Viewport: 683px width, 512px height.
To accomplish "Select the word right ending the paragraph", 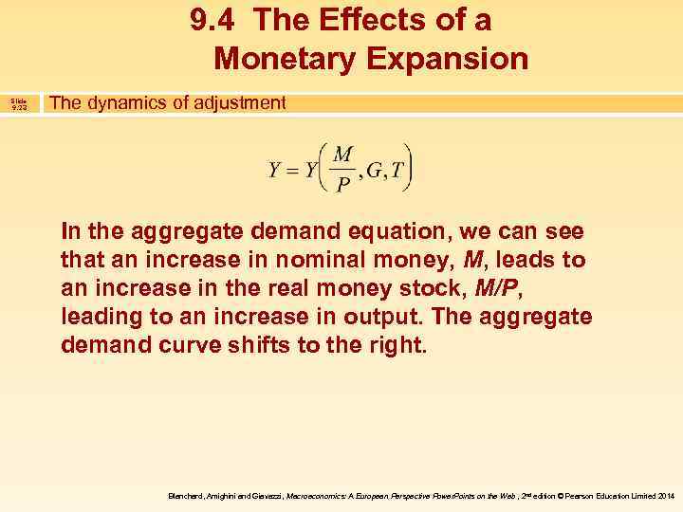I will coord(397,344).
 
